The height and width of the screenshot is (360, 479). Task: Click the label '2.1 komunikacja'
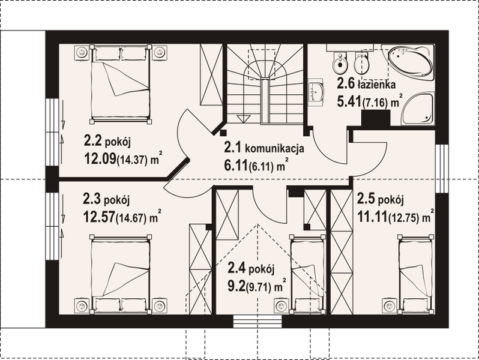point(265,148)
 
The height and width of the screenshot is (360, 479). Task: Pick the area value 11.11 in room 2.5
point(372,216)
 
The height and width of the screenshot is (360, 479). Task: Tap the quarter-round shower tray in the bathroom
point(414,109)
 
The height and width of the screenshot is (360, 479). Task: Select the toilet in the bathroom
point(340,62)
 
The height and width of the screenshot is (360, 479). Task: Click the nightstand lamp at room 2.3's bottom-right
point(160,306)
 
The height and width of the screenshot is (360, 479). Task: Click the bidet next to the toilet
point(361,62)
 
